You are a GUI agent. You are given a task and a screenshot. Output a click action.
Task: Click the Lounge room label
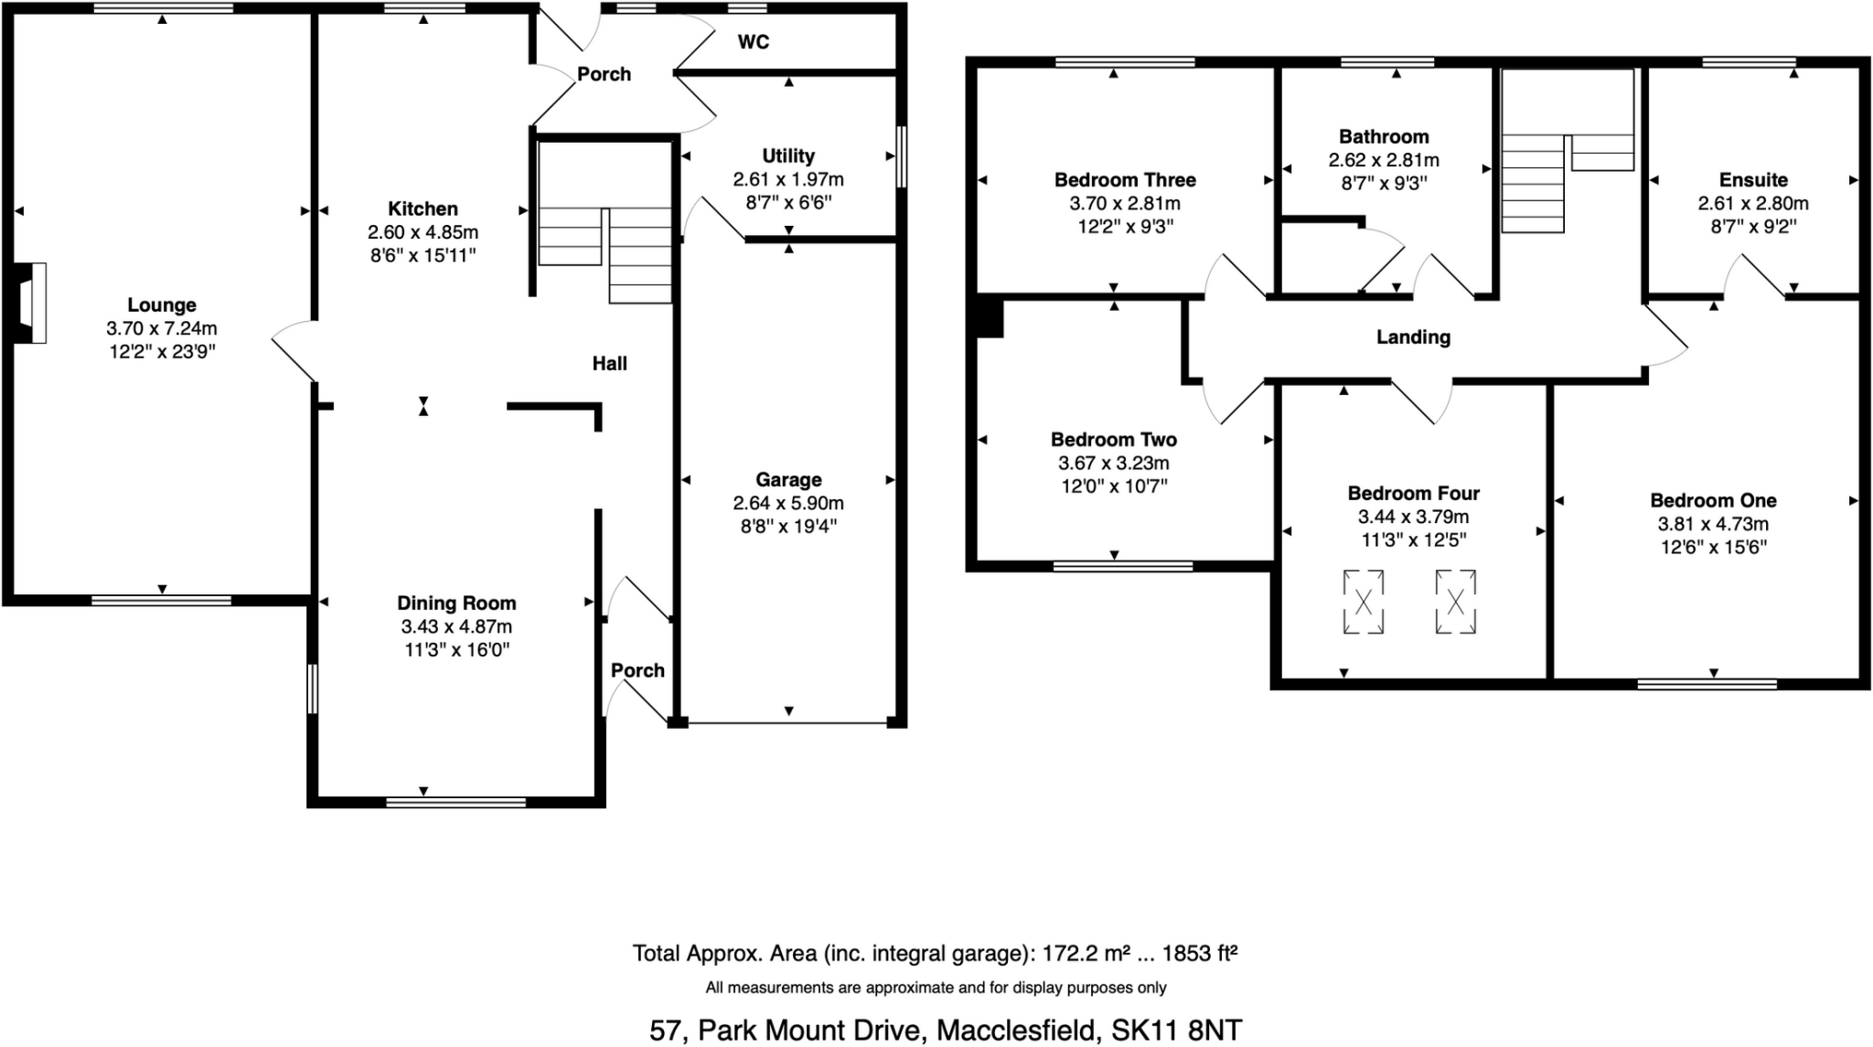161,305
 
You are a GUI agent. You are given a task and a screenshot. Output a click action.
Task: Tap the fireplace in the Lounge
31,303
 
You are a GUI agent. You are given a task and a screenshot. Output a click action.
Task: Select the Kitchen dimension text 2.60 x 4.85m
423,232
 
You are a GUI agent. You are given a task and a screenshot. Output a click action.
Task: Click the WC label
753,42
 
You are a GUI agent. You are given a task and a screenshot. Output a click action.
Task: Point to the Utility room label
787,156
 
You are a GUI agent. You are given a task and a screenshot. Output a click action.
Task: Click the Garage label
787,480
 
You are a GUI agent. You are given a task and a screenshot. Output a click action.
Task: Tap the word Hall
609,364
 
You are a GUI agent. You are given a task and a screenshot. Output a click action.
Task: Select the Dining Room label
455,604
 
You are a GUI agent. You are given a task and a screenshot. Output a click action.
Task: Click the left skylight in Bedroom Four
1363,602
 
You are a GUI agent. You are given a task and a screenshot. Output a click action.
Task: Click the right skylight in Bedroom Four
1455,602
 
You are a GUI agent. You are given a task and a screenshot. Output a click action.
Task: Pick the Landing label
1413,337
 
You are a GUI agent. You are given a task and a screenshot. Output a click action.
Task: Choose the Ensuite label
1752,180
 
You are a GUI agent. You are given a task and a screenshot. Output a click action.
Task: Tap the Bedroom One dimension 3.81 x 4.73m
1712,525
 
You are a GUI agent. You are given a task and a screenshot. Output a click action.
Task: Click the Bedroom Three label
1124,180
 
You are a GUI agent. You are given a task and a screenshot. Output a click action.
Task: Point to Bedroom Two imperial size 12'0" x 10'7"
1113,486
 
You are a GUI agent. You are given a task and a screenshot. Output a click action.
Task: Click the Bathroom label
1383,137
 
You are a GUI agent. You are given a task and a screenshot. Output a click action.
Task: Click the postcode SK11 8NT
1176,1031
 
